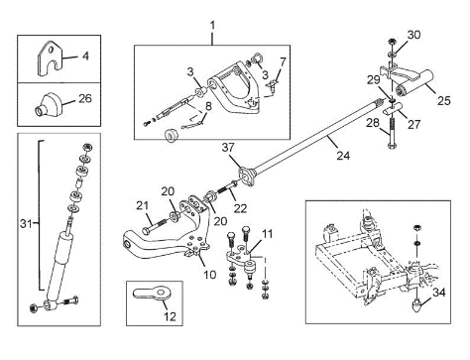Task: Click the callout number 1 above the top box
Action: point(212,26)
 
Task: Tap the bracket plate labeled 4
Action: point(50,59)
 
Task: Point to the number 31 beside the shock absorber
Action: point(26,224)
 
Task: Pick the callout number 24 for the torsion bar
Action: point(343,155)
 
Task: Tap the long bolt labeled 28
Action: point(392,135)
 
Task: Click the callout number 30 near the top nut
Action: point(413,35)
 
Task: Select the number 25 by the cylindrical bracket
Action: point(443,100)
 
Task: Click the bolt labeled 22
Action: point(227,188)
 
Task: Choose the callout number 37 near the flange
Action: point(228,148)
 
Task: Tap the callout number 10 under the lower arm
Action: point(209,274)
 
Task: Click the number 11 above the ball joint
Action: point(267,234)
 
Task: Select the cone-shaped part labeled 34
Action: point(417,304)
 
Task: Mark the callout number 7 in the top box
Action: point(282,61)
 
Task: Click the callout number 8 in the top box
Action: point(208,106)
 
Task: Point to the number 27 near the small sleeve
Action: point(413,124)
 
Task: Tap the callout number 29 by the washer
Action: point(374,80)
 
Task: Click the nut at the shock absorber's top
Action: point(87,147)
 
